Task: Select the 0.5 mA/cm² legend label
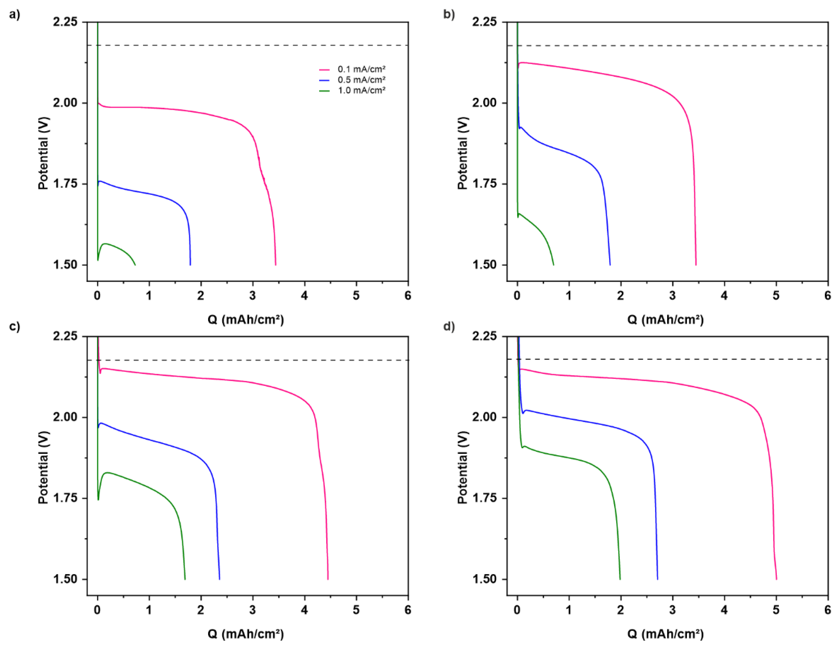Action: click(x=361, y=80)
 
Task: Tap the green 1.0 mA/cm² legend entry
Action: click(x=361, y=91)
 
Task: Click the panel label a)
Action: click(x=15, y=15)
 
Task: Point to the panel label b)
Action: click(x=449, y=15)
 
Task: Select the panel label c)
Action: click(x=15, y=327)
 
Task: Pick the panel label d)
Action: click(x=449, y=327)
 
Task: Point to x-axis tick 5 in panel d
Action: click(x=776, y=610)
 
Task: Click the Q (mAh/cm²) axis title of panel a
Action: click(x=246, y=319)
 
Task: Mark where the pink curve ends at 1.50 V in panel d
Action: click(x=776, y=579)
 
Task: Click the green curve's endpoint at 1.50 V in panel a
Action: click(x=135, y=265)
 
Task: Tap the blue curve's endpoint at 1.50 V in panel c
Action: click(x=219, y=579)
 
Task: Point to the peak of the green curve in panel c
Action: click(x=108, y=473)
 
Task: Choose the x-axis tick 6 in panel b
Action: click(x=828, y=295)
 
